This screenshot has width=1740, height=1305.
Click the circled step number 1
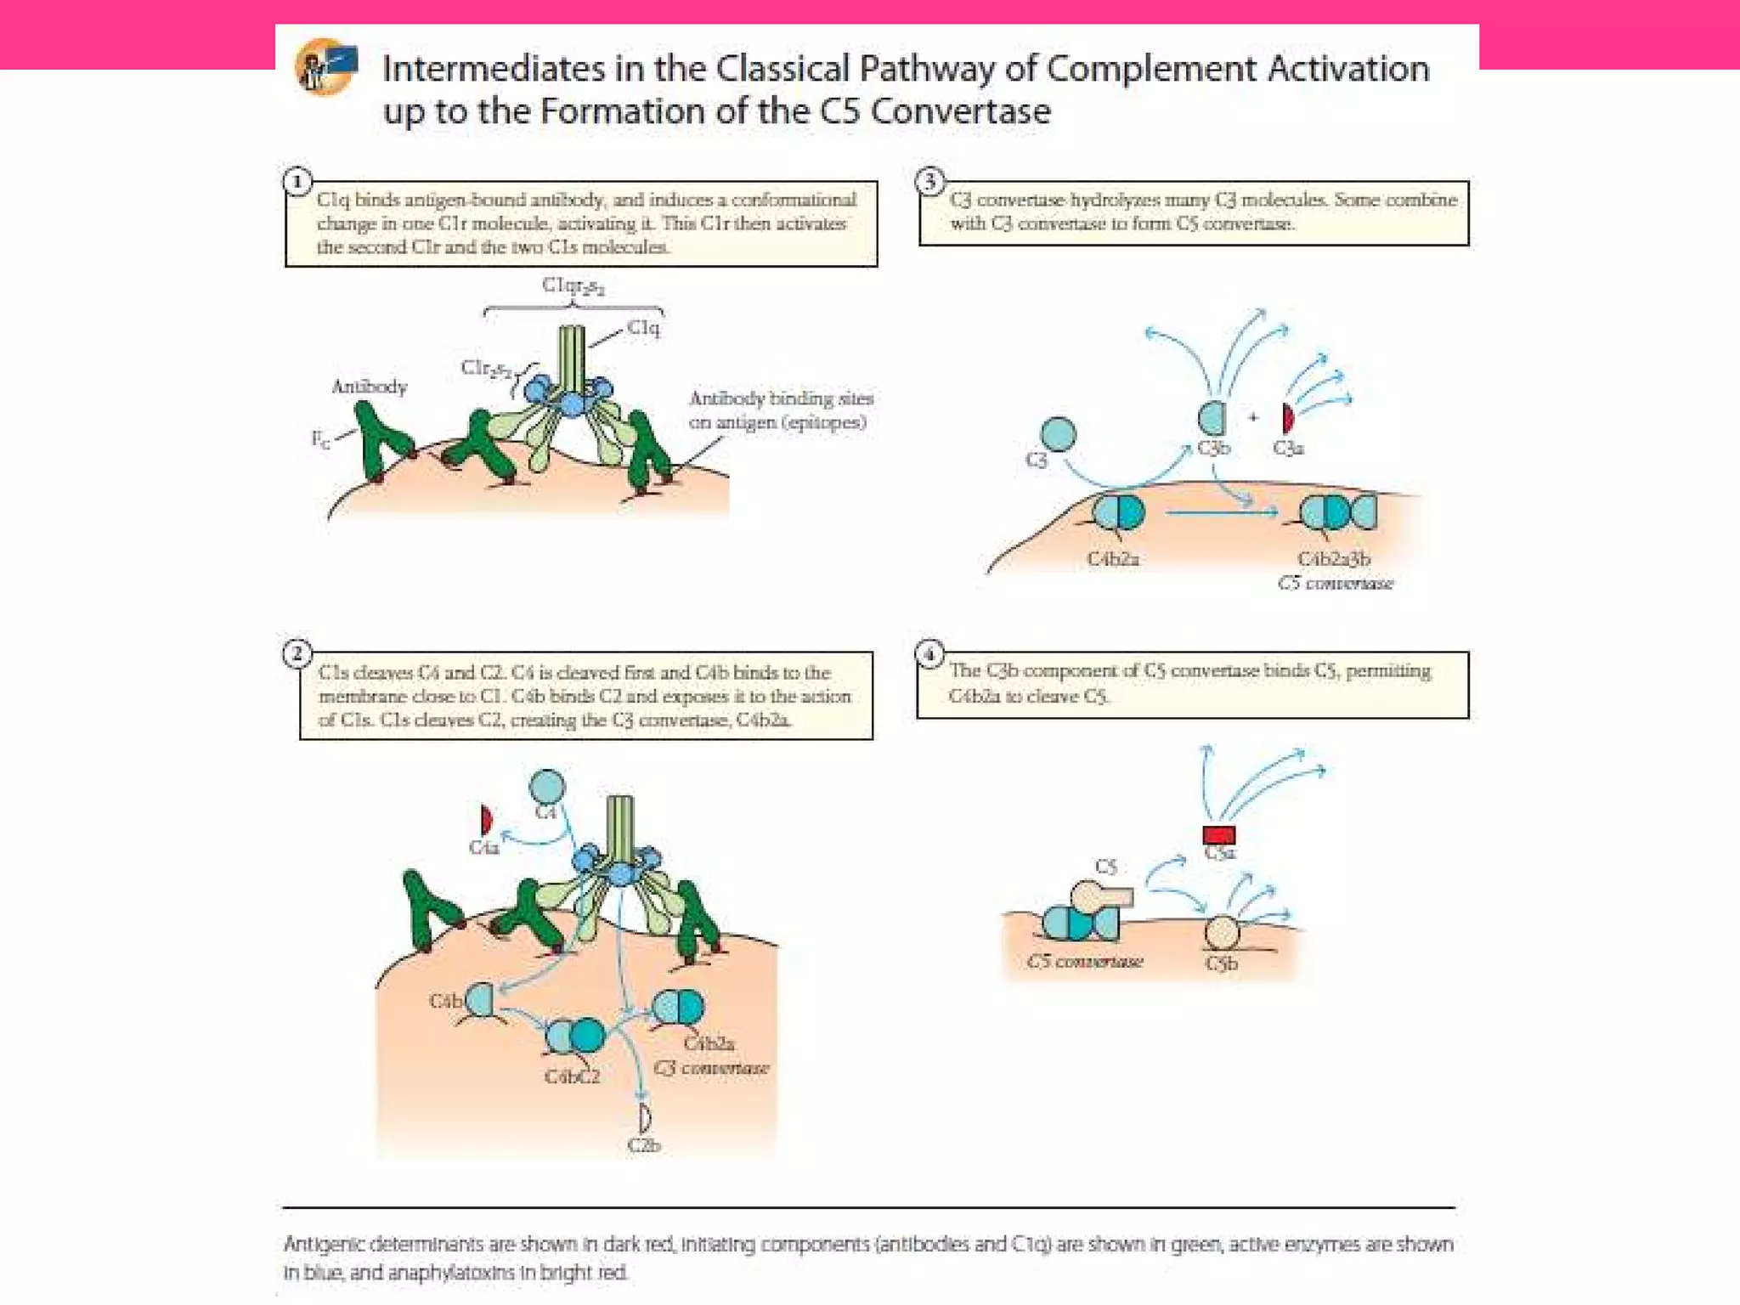pos(297,182)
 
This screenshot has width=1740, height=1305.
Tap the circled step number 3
pos(929,181)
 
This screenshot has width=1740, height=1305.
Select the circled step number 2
pos(297,653)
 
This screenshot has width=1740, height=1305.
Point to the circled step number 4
pos(929,653)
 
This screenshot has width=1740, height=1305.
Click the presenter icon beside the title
pos(325,66)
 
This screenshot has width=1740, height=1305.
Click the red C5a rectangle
pos(1219,834)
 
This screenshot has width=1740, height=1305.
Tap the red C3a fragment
pos(1288,418)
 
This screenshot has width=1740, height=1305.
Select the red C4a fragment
pos(486,821)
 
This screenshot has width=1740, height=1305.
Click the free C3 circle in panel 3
pos(1058,433)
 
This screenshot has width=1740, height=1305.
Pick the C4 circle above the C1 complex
pos(546,786)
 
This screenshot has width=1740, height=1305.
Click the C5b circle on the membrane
pos(1222,933)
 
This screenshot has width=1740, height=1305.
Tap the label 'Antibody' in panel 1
pos(370,387)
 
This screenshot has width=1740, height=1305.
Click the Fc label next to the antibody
pos(320,439)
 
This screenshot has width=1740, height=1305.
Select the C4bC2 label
pos(572,1076)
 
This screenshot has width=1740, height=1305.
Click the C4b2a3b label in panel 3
pos(1333,559)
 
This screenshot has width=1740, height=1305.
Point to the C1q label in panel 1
pos(643,328)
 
